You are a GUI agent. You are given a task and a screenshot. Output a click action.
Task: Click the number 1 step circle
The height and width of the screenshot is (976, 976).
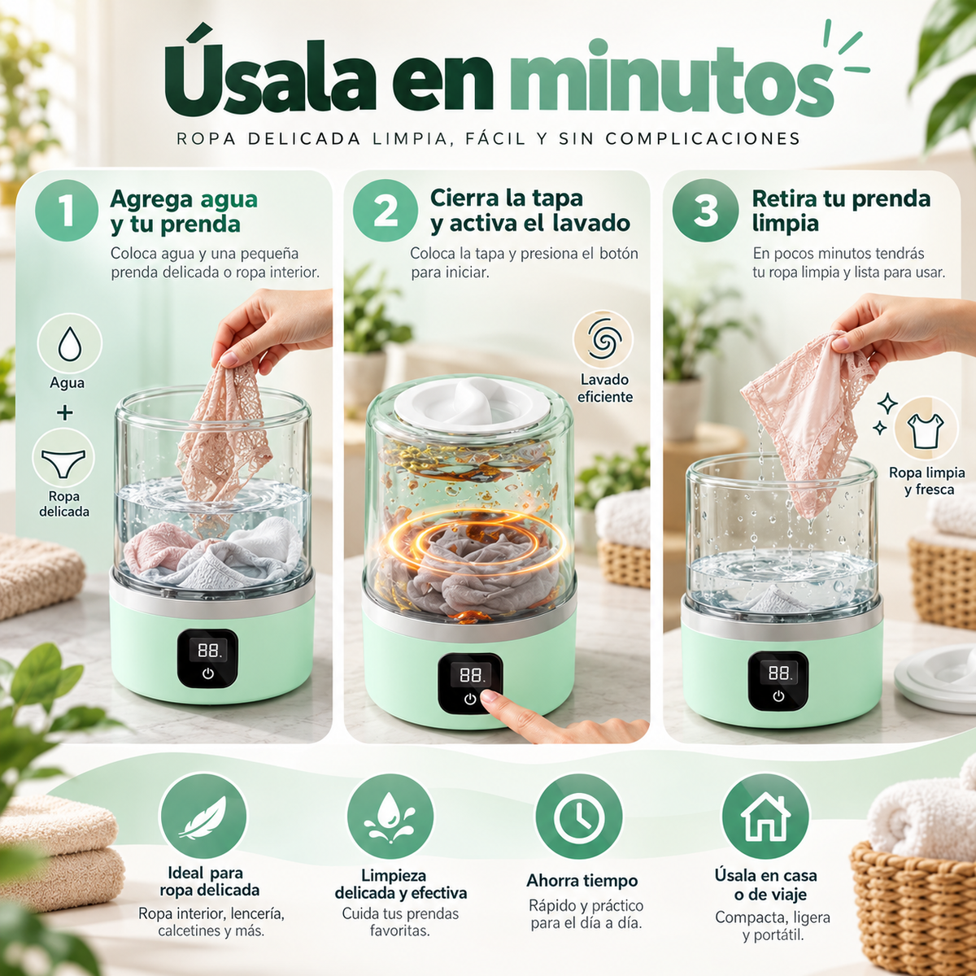click(67, 210)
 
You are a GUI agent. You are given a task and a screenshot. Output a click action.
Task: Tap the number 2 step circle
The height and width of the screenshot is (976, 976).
click(385, 210)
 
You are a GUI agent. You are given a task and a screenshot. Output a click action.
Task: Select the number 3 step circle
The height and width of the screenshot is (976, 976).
click(705, 210)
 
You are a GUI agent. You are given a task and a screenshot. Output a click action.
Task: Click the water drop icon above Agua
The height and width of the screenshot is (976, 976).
click(69, 343)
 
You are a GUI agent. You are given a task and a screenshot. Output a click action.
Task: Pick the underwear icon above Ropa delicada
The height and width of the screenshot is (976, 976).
click(63, 462)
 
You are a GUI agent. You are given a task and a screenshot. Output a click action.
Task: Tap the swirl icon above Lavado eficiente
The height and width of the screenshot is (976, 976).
click(603, 340)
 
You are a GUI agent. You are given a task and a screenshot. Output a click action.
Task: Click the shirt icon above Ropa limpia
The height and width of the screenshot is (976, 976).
click(926, 430)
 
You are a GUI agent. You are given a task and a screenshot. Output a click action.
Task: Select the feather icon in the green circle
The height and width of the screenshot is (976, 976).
click(203, 817)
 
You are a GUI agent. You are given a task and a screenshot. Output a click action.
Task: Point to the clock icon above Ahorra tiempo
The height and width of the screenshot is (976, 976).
click(579, 817)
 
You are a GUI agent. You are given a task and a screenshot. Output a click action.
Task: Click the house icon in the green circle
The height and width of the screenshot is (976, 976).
click(765, 817)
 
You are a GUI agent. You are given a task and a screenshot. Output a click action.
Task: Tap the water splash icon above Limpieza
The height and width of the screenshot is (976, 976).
click(390, 817)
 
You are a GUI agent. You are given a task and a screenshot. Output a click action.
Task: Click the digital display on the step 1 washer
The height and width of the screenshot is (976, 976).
click(208, 650)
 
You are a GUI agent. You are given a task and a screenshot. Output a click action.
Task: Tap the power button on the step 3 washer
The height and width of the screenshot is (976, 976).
click(778, 696)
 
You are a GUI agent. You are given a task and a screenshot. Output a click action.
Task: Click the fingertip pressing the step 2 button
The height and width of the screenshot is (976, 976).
click(488, 697)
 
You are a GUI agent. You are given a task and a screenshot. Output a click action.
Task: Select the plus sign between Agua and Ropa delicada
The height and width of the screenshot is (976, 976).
click(64, 413)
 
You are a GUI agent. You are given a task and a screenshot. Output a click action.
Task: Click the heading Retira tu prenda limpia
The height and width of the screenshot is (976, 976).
click(841, 211)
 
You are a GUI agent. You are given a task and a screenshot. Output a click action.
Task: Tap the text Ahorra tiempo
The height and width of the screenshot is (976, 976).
click(582, 881)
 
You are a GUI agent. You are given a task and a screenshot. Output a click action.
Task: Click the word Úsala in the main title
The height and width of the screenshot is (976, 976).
click(271, 76)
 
